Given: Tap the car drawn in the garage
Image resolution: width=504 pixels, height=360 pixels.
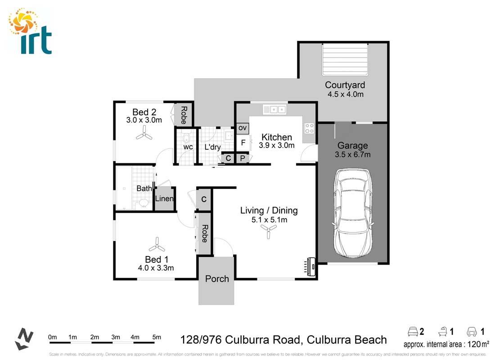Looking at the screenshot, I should (353, 211).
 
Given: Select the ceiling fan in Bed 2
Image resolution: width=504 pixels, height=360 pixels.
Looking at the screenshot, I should (144, 131).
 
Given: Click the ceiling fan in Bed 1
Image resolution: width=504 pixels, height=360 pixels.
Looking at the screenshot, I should (157, 244).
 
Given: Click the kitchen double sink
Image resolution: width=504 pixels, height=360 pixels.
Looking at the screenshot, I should (275, 109).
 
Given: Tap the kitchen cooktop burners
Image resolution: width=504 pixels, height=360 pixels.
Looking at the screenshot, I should (310, 128).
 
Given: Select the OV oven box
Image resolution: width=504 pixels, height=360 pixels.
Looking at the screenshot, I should (243, 128).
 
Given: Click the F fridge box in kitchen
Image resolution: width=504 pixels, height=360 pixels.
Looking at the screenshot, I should (243, 143).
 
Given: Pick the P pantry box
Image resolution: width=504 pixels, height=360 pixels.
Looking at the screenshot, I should (242, 158).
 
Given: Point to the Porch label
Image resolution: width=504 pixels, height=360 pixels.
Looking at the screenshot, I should (217, 279).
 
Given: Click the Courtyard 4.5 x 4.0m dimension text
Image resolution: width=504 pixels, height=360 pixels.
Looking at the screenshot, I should (345, 94).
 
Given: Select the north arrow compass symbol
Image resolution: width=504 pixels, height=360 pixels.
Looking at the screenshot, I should (24, 338).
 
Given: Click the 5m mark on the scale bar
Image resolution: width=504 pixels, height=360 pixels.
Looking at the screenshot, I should (157, 337).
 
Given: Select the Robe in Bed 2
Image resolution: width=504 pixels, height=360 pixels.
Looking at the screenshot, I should (184, 115).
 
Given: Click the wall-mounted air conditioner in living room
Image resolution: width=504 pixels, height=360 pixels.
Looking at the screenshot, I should (310, 266).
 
